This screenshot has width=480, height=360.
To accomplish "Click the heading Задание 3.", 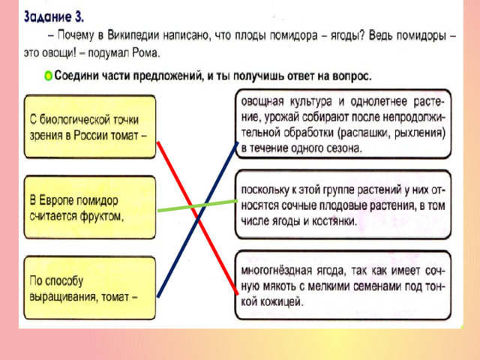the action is click(x=53, y=16).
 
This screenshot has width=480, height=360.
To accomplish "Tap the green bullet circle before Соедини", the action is click(x=48, y=76).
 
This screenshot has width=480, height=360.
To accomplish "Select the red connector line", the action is click(x=197, y=218).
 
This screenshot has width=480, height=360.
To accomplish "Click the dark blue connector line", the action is click(x=197, y=220).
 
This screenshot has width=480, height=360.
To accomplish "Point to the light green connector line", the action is click(x=197, y=205).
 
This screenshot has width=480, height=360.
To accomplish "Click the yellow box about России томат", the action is click(x=90, y=127).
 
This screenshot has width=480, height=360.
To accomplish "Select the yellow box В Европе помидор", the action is click(x=90, y=207).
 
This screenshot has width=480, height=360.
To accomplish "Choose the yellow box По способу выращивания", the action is click(x=90, y=288).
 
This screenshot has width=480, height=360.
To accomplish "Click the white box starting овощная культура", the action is click(x=343, y=124).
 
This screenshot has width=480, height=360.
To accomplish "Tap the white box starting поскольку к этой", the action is click(x=343, y=205).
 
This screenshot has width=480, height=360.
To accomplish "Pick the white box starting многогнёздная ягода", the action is click(x=343, y=285).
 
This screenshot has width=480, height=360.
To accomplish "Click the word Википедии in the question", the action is click(x=133, y=36).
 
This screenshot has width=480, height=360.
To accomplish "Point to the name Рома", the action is click(x=146, y=53).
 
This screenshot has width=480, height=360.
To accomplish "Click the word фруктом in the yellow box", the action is click(x=102, y=216).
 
